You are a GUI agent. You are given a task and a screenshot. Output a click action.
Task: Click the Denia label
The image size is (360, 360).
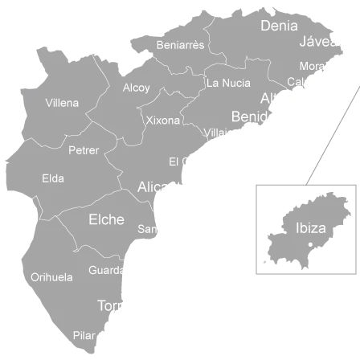click(279, 26)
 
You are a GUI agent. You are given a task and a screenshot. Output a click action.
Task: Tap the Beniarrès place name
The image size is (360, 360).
click(180, 45)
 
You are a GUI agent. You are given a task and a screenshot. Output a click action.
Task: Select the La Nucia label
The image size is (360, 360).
click(228, 83)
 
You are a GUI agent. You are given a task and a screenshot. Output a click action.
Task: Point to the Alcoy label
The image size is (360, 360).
click(136, 88)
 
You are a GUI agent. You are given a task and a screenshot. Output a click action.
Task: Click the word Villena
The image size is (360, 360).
click(62, 103)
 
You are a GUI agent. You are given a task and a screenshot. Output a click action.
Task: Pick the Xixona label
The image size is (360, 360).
click(164, 121)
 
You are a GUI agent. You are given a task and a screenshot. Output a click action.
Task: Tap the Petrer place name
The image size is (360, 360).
click(84, 150)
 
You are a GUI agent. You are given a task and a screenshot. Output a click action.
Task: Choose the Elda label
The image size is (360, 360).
click(52, 178)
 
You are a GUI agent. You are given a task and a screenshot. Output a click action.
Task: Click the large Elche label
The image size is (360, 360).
click(106, 219)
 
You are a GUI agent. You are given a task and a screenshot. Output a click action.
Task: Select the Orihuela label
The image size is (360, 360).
click(51, 278)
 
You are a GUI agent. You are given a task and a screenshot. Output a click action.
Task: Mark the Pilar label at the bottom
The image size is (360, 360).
click(84, 335)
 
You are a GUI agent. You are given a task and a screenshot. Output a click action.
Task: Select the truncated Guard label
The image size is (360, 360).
click(104, 271)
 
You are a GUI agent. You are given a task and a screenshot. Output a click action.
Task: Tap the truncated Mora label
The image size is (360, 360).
click(311, 66)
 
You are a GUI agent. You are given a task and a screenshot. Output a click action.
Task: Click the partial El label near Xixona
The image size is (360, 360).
click(174, 162)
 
